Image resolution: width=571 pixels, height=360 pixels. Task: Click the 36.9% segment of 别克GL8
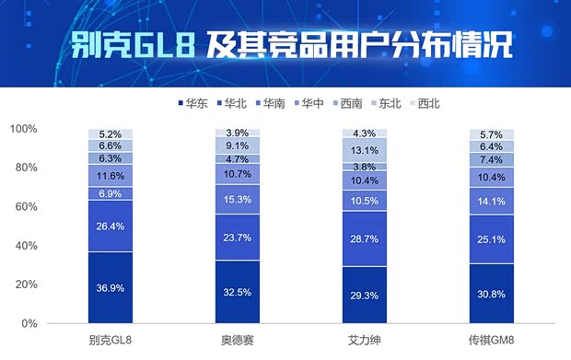coord(111,287)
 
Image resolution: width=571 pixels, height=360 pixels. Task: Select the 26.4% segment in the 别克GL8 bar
coord(111,226)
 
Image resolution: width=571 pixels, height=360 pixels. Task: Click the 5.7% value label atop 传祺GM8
coord(492,134)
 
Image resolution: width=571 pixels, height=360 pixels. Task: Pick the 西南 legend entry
coord(351,103)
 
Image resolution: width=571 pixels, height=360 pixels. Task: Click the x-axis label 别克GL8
coord(111,342)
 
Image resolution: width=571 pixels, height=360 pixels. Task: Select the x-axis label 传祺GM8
coord(492,342)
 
